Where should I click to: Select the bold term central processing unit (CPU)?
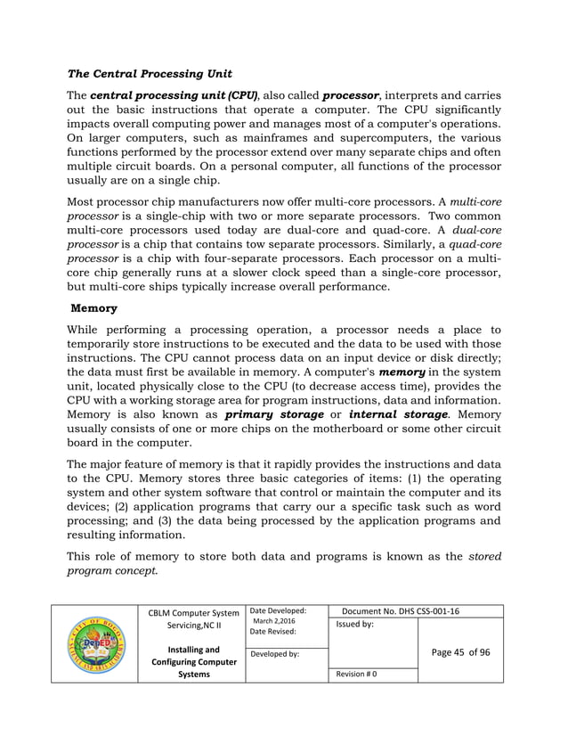coord(174,95)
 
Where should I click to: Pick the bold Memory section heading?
coord(94,308)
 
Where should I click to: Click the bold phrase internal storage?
coord(397,414)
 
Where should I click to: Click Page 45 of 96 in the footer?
coord(460,652)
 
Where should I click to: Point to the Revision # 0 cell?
coord(357,675)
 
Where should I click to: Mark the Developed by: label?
coord(276,653)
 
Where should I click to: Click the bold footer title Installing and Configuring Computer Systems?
coord(193,662)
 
